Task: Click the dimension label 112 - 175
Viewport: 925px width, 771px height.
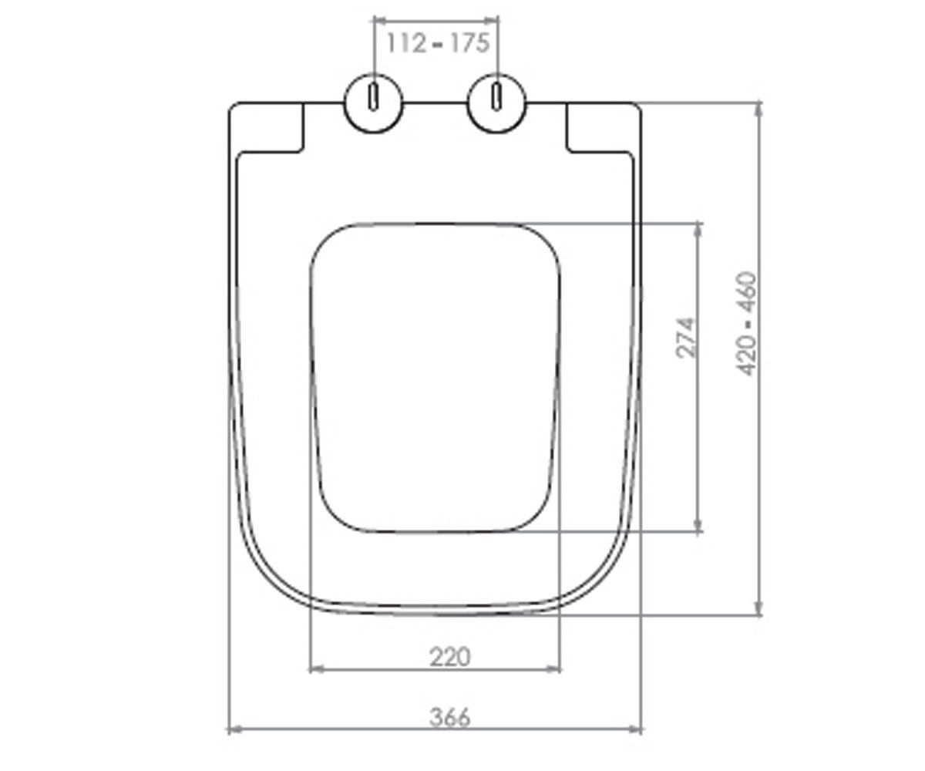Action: [x=438, y=43]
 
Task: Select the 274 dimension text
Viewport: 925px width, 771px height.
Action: [x=685, y=338]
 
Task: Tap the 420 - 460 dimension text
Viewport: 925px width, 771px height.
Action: [x=745, y=324]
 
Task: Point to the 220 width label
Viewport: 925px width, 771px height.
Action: [x=449, y=657]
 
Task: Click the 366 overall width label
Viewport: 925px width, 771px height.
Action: [x=449, y=717]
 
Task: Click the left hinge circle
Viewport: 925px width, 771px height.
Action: [x=374, y=103]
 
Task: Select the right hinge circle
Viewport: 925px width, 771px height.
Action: [x=497, y=103]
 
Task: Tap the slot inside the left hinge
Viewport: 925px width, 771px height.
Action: [x=374, y=96]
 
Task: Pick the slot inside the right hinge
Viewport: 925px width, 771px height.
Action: [x=497, y=96]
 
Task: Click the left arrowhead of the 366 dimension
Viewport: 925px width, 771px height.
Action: [x=235, y=729]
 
